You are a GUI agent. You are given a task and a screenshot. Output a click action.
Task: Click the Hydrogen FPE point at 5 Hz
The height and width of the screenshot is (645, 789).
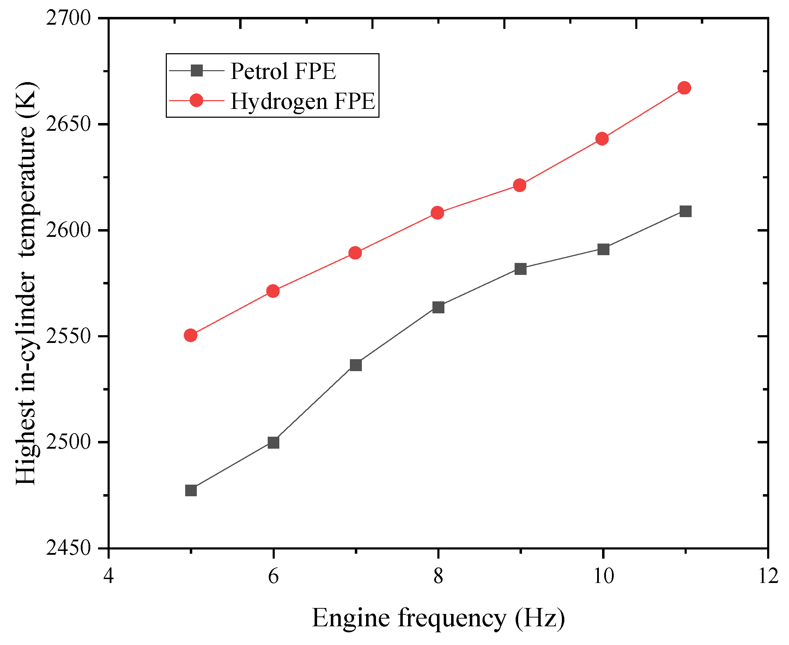[x=190, y=336]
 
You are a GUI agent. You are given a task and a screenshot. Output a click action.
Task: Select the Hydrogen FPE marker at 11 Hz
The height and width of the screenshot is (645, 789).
[x=685, y=88]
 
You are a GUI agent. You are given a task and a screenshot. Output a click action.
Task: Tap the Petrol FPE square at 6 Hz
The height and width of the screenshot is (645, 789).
[x=273, y=442]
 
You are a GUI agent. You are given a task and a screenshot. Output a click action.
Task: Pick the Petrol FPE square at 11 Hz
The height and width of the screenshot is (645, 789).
[x=685, y=211]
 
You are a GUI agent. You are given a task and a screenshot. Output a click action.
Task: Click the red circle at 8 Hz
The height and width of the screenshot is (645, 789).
[x=438, y=213]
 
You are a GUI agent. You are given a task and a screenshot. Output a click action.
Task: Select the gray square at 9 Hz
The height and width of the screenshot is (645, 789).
[x=521, y=269]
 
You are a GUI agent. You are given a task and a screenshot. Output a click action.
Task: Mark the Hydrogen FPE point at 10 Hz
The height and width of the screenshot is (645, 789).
[x=602, y=139]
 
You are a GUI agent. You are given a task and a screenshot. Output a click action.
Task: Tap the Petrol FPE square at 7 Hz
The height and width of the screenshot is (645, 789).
[x=356, y=365]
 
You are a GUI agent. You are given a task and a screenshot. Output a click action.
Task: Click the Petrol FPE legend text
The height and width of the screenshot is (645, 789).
[x=283, y=71]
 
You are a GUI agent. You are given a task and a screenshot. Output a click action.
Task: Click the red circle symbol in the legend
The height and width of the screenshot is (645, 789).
[x=196, y=100]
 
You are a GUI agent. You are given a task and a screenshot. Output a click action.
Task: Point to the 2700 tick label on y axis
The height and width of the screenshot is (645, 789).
[x=68, y=18]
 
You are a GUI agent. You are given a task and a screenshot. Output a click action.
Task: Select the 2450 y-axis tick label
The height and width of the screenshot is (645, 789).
[x=68, y=548]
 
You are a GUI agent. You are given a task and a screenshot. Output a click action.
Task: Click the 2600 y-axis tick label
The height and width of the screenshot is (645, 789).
[x=68, y=231]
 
